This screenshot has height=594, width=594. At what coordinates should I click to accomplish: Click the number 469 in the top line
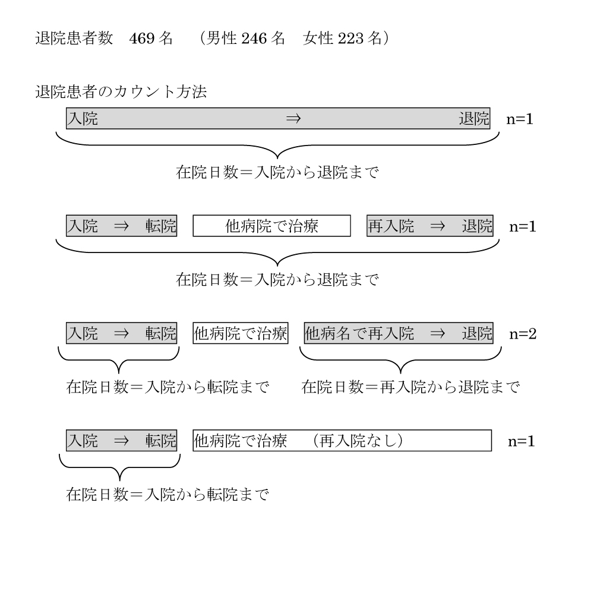142,38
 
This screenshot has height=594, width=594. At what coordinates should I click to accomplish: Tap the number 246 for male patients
254,38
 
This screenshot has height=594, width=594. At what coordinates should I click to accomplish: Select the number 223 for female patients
350,38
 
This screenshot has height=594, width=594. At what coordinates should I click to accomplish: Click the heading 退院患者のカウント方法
121,92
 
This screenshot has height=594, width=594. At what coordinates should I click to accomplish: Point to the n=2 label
523,334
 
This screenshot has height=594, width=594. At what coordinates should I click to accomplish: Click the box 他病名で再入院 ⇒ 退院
399,333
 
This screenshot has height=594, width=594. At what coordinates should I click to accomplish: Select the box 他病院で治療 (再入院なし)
342,441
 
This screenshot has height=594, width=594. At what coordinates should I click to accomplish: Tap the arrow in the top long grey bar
293,119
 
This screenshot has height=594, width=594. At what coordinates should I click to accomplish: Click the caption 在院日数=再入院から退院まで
410,387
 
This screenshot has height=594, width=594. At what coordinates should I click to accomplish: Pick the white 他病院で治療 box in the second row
271,226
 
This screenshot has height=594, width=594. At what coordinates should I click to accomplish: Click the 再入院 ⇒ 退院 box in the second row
430,226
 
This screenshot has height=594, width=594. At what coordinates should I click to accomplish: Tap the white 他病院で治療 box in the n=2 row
241,333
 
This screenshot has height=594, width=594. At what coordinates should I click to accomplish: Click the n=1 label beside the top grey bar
520,119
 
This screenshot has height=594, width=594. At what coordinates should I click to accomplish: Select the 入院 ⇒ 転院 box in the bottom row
122,441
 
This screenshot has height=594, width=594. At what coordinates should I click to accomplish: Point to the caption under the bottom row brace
168,494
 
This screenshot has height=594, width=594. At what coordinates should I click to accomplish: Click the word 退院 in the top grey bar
474,119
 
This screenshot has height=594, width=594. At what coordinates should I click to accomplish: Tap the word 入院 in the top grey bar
83,119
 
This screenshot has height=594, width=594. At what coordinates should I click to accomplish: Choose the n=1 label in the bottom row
522,441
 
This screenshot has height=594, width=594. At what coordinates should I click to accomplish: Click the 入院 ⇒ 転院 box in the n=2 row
122,333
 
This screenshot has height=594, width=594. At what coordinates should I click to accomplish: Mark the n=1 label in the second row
523,226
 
